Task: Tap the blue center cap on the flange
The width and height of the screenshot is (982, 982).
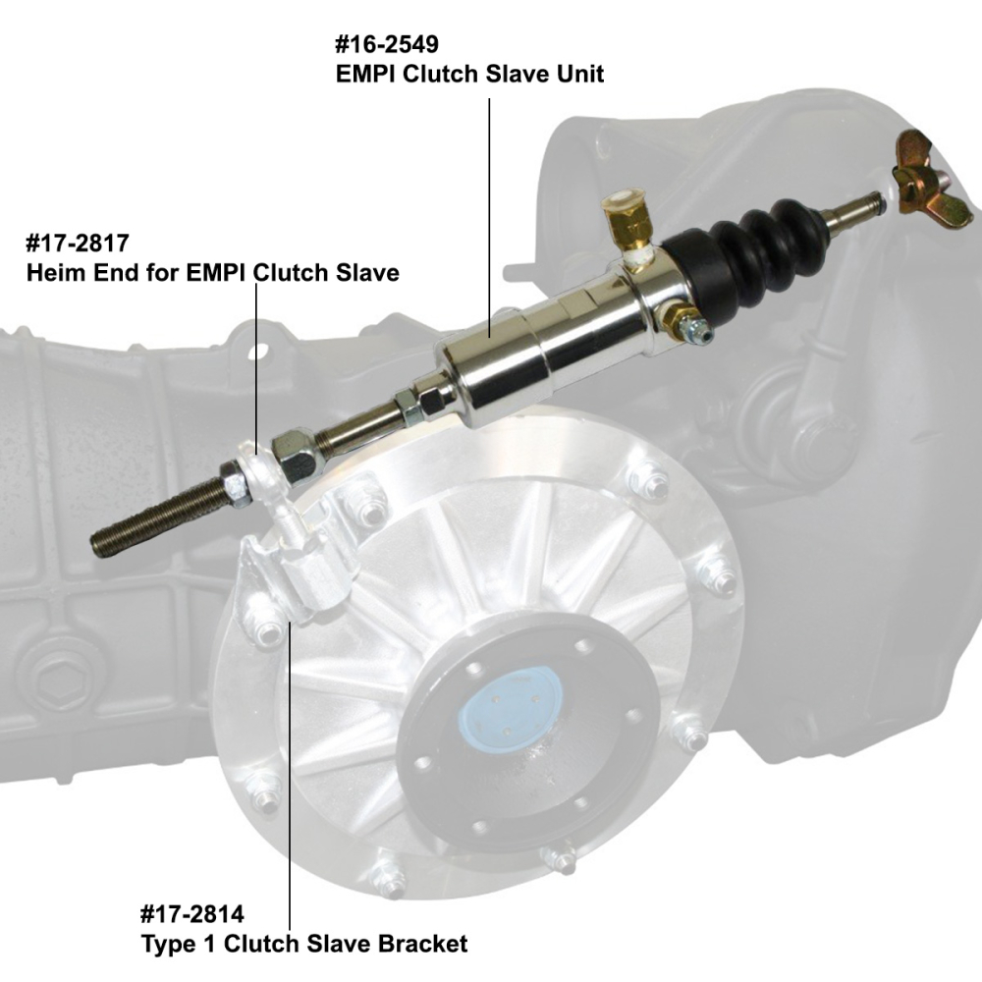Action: pos(512,708)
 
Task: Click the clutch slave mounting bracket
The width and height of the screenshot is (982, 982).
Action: pos(304,579)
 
